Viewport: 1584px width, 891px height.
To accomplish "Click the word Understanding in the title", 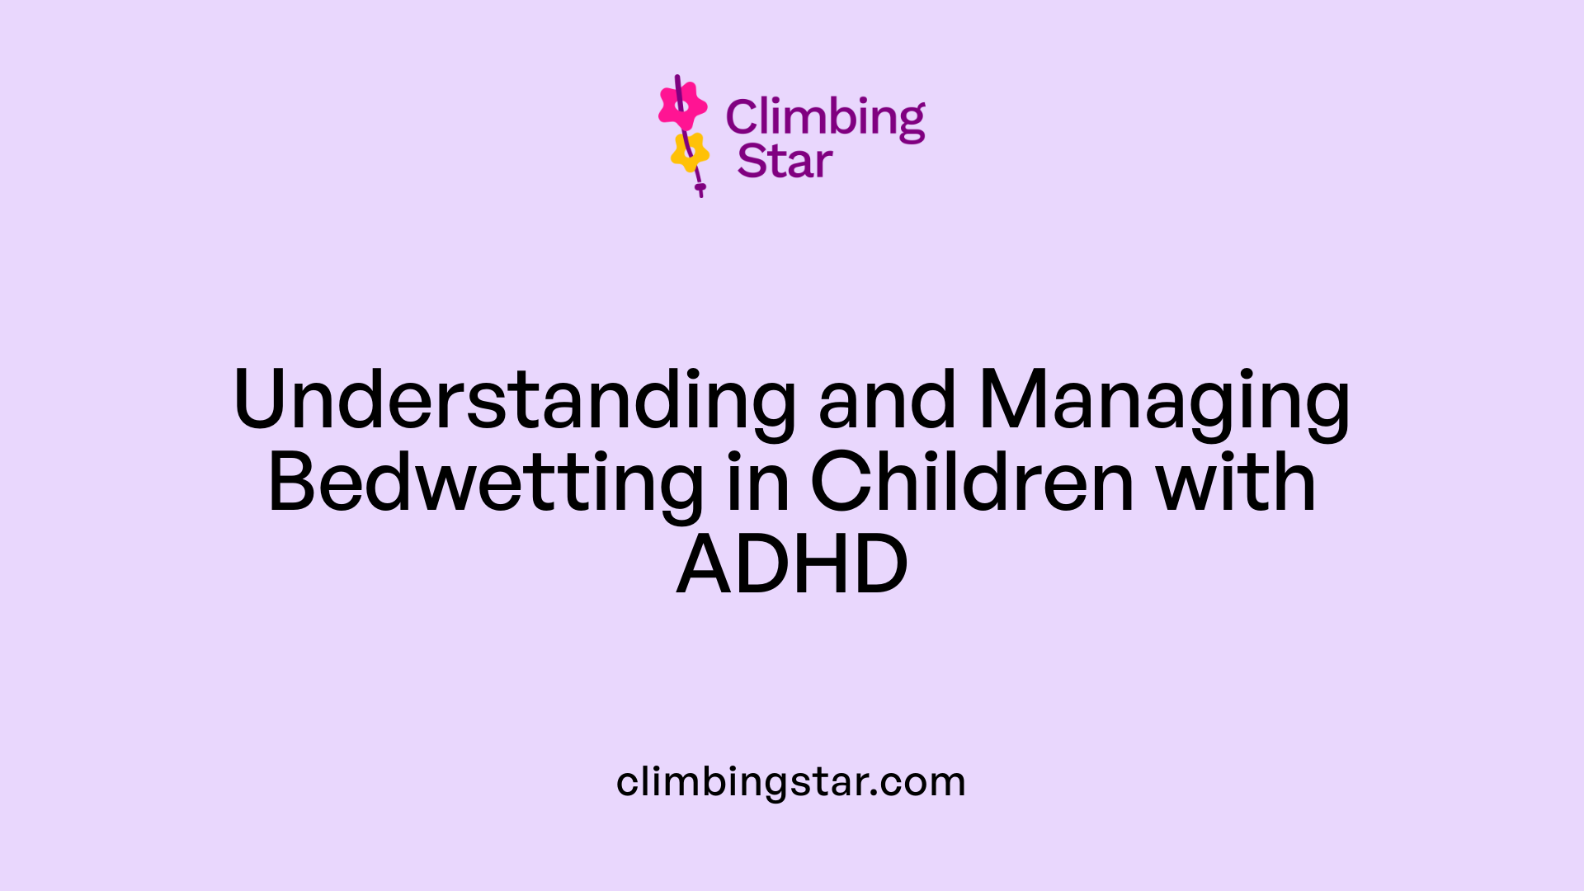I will tap(515, 400).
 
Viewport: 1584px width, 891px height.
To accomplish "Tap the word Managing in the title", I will tap(1164, 400).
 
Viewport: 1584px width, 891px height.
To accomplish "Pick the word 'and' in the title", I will tap(887, 400).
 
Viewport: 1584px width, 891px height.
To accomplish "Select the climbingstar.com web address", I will tap(790, 781).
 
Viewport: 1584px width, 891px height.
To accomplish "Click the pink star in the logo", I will tap(682, 106).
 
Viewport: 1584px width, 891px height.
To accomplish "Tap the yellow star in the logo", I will tap(690, 152).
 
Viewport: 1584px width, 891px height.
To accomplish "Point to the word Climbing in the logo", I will tap(825, 117).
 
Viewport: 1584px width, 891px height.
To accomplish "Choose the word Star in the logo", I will tap(785, 162).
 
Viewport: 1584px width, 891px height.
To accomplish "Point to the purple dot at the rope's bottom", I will tap(700, 188).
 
